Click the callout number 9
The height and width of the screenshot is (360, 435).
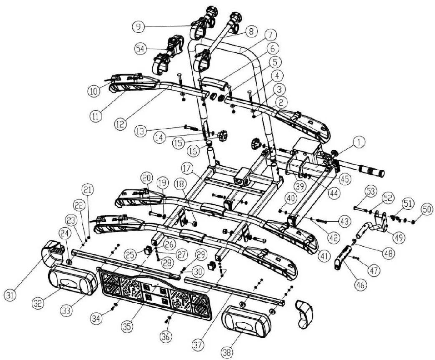pyautogui.click(x=138, y=27)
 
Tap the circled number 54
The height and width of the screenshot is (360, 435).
pyautogui.click(x=141, y=49)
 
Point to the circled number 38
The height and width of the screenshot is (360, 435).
pyautogui.click(x=227, y=353)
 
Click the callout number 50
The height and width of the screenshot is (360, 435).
pyautogui.click(x=427, y=209)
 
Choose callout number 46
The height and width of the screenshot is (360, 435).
pyautogui.click(x=361, y=285)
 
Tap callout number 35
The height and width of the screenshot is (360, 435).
pyautogui.click(x=127, y=327)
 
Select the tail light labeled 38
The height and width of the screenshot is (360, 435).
pyautogui.click(x=247, y=322)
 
